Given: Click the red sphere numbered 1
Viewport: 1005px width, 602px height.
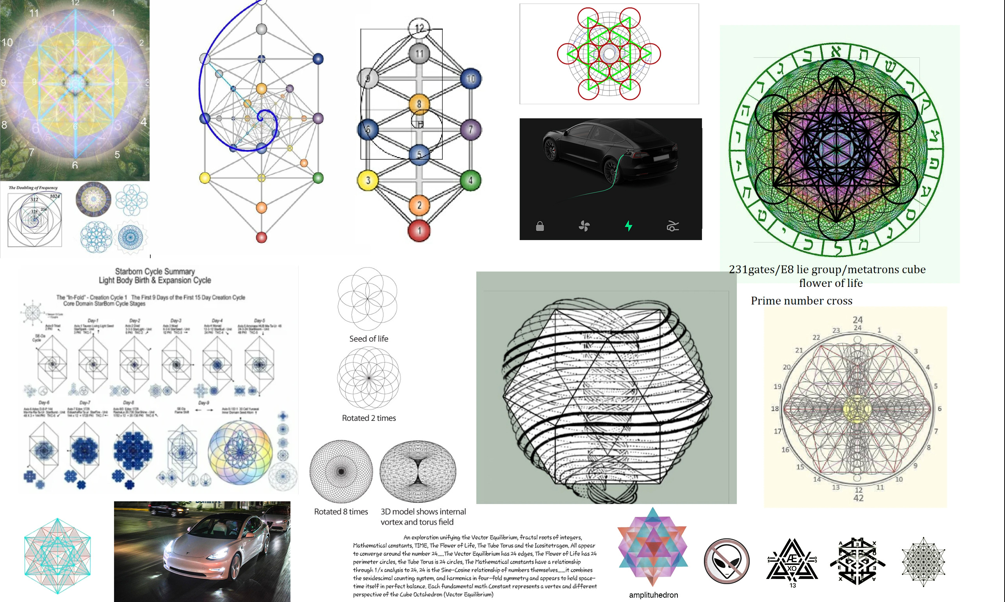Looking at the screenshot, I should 419,230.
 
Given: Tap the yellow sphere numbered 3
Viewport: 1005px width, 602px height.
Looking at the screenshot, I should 367,180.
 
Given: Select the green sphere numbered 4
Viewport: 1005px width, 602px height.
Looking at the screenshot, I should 470,180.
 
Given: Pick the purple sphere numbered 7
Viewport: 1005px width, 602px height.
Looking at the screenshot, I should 470,129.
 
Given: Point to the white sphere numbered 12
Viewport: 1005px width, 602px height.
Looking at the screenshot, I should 419,28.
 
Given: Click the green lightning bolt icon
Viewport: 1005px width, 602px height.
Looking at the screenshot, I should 628,226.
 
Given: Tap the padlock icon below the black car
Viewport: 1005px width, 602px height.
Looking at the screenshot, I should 540,226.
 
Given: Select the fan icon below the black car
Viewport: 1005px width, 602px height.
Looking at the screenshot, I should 584,226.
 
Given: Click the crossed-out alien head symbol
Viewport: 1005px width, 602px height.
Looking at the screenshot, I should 726,561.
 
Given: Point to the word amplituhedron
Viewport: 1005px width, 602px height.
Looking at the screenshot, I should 653,595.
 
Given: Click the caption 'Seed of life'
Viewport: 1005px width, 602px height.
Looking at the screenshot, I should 369,339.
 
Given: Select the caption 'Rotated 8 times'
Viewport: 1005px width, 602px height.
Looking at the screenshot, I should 341,511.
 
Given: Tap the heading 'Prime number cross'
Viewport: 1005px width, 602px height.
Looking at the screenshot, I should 801,301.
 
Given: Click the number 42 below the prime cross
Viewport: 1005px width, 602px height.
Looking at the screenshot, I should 858,498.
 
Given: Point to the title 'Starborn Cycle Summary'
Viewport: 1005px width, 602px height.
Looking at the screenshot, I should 155,271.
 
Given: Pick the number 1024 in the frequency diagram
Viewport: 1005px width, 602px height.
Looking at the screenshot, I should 55,196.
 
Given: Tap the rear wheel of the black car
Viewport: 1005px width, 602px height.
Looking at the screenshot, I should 611,169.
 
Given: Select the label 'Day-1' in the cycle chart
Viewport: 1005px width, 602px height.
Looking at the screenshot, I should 93,321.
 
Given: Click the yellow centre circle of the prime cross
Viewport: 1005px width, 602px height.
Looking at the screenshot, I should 857,408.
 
